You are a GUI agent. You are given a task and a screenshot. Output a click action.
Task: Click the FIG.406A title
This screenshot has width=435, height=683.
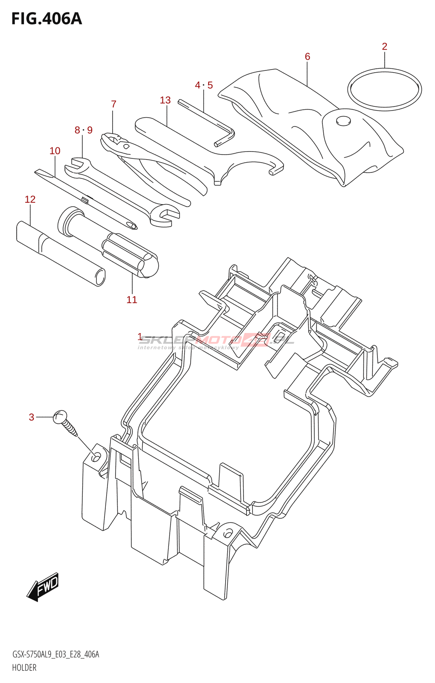pos(46,19)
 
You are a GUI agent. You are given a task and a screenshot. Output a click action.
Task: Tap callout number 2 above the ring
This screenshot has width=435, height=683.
pos(384,47)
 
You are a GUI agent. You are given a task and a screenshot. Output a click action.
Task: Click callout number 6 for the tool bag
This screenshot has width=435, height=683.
pos(307,57)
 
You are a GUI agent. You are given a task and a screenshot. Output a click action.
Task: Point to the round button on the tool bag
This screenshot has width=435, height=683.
pos(343,120)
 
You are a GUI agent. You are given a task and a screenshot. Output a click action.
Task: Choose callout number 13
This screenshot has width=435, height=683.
pos(165,100)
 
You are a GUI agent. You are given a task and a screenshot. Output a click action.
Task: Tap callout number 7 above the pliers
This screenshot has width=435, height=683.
pos(113,104)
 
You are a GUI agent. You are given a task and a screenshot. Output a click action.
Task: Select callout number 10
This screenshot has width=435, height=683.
pos(55,151)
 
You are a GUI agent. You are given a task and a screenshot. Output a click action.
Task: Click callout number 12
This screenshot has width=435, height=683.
pos(30,199)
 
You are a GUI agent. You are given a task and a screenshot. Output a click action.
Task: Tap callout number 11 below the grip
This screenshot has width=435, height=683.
pos(132,300)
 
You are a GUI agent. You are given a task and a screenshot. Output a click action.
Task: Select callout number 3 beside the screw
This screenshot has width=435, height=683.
pos(31,417)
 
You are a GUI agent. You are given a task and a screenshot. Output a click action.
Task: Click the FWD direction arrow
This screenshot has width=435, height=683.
pos(43,587)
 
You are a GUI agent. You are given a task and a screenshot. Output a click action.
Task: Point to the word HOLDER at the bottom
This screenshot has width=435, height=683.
pos(24,668)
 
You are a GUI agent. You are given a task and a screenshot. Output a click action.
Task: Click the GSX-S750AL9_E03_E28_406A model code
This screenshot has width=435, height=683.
pos(55,654)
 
